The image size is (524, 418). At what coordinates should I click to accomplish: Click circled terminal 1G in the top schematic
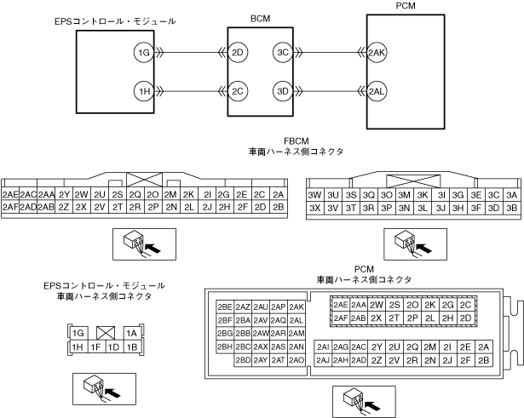(x=144, y=54)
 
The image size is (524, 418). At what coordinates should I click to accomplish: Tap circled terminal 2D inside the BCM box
(x=239, y=54)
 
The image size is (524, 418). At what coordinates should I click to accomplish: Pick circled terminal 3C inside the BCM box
(x=283, y=54)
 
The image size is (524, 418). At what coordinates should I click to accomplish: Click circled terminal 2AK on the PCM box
(x=377, y=54)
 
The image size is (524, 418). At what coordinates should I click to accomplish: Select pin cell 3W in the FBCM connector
(x=314, y=194)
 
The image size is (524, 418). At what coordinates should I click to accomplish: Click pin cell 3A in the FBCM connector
(x=511, y=194)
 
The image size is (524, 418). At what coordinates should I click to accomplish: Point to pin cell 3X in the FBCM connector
(x=314, y=207)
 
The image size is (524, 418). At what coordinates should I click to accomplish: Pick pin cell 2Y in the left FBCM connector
(x=64, y=194)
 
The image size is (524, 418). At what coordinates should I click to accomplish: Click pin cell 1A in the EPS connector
(x=131, y=334)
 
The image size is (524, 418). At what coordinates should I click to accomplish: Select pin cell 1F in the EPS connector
(x=96, y=346)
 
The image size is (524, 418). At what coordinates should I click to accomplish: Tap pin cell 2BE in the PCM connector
(x=225, y=306)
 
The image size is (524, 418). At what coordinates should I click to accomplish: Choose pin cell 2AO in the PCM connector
(x=297, y=360)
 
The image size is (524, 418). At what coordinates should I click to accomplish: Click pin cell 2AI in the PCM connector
(x=323, y=346)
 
